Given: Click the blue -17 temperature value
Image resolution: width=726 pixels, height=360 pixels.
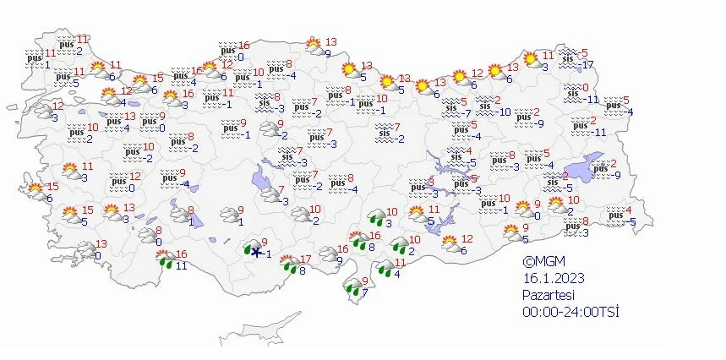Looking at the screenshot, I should (x=587, y=66).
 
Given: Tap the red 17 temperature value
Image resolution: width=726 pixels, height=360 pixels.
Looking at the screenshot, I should (x=307, y=259).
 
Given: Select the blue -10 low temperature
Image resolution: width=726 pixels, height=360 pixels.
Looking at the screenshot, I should (x=504, y=112).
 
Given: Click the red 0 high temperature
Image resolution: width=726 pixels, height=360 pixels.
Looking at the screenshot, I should (x=584, y=86).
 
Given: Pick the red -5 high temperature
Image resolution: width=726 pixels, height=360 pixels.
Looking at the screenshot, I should (x=583, y=53).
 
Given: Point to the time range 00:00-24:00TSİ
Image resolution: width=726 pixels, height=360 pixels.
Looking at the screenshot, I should (x=570, y=312).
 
